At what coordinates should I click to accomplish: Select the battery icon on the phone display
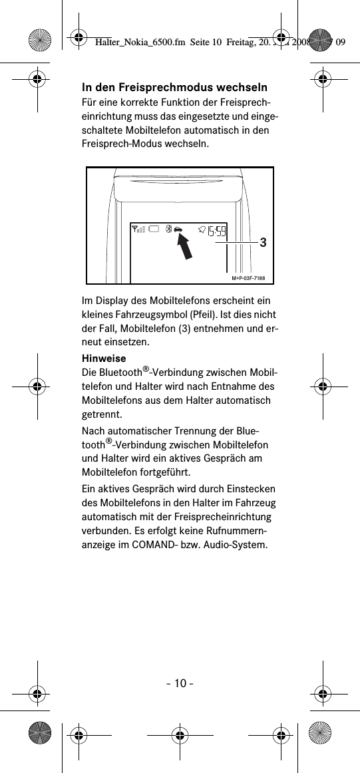tap(153, 230)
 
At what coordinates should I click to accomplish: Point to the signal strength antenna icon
tap(138, 230)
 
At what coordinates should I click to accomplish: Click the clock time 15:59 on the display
tap(216, 232)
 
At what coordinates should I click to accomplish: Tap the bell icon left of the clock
tap(201, 230)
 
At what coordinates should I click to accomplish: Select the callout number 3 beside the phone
tap(264, 243)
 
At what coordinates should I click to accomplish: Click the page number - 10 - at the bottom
tap(180, 683)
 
